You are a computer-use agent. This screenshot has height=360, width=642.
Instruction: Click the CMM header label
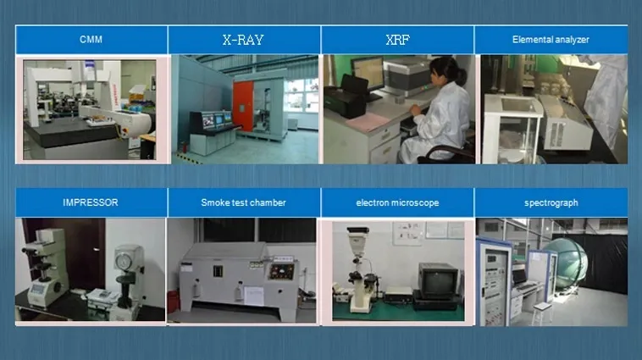91,39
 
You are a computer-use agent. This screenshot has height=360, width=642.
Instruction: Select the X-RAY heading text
244,39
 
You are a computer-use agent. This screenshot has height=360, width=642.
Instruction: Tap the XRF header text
397,39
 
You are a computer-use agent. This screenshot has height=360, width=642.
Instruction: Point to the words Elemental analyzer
551,39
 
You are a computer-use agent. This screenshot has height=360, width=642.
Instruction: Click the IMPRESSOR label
91,202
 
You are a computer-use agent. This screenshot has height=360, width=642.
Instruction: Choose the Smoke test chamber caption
243,202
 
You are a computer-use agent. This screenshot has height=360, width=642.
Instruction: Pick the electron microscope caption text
397,202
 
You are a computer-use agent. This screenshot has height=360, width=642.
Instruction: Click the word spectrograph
551,202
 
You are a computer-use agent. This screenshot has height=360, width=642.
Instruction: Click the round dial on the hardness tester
128,259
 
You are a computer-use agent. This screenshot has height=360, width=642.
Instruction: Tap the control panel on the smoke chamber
280,272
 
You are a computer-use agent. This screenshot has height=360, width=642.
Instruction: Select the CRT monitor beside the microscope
439,279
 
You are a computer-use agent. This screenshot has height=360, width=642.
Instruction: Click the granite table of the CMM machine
68,131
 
